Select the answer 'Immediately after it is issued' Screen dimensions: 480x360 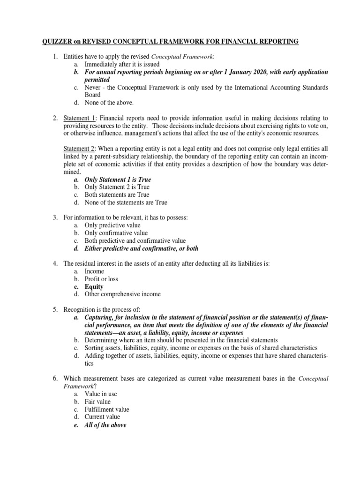[x=122, y=64]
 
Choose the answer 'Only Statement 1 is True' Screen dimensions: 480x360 [x=118, y=180]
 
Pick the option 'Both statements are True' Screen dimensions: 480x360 [x=117, y=195]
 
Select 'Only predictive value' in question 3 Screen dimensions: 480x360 [x=112, y=225]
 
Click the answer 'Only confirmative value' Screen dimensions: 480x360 [x=116, y=233]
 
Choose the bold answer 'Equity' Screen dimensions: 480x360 [x=94, y=286]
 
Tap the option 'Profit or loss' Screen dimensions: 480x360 [x=101, y=279]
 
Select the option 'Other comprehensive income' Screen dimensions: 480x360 [x=122, y=294]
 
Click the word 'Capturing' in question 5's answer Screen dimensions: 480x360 [x=100, y=317]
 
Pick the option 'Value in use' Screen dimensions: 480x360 [x=101, y=394]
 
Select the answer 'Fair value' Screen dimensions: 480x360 [x=97, y=402]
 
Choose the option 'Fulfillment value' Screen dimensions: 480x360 [x=107, y=409]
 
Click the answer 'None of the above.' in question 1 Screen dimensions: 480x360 [x=109, y=103]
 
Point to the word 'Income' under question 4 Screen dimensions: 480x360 [x=94, y=271]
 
